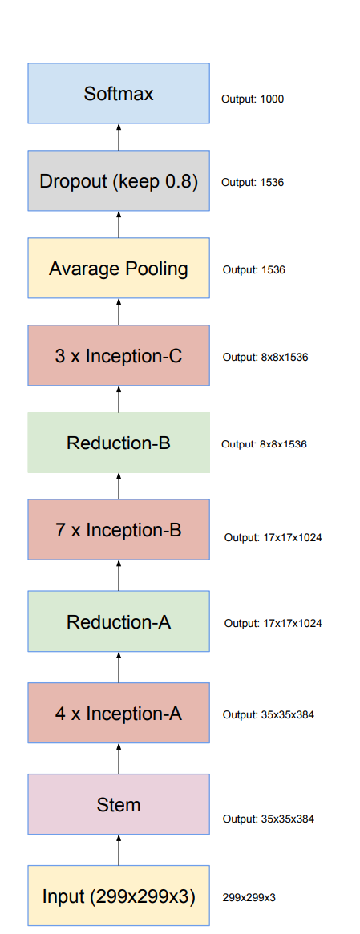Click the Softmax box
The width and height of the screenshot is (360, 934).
[x=119, y=94]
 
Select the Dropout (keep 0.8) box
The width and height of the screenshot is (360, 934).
[x=119, y=181]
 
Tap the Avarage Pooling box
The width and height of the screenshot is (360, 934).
[x=119, y=269]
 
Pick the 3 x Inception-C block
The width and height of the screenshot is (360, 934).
[x=119, y=356]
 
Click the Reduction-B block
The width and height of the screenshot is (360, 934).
[x=119, y=443]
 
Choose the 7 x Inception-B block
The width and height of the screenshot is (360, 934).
[x=119, y=530]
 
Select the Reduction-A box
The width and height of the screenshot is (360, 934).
[x=119, y=621]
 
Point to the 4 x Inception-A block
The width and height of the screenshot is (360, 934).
[x=119, y=713]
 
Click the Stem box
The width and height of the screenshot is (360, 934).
[x=119, y=804]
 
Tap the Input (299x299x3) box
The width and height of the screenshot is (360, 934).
[x=119, y=896]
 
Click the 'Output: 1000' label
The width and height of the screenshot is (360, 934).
[x=253, y=99]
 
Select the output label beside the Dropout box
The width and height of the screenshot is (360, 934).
[x=253, y=183]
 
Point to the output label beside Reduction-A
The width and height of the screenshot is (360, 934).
[x=273, y=623]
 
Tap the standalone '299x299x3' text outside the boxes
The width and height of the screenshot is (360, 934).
[x=249, y=897]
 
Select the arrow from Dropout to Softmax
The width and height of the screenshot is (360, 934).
[x=119, y=137]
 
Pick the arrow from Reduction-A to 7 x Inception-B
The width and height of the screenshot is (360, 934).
[x=119, y=576]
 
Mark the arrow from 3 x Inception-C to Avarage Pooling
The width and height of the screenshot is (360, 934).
[x=119, y=312]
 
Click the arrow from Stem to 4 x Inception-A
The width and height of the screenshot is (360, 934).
[x=119, y=758]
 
